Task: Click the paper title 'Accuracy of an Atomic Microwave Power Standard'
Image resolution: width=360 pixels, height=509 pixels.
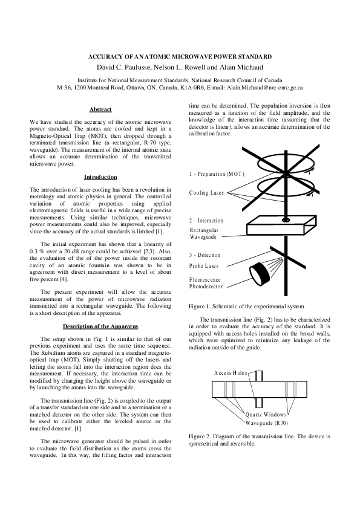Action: (x=180, y=56)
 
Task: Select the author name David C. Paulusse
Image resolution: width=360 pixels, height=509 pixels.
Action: (x=125, y=67)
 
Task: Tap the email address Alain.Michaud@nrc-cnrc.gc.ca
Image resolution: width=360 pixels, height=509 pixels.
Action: (x=265, y=88)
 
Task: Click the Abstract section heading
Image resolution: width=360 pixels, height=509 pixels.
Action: (x=100, y=109)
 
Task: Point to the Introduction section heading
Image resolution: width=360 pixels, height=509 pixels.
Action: (x=100, y=177)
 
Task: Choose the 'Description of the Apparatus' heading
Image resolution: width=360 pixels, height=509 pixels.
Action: (x=100, y=326)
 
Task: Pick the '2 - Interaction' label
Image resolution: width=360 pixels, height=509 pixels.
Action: (x=206, y=221)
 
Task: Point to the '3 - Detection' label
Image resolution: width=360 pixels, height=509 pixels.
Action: (x=205, y=255)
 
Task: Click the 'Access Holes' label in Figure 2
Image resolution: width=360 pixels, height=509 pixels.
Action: (x=231, y=373)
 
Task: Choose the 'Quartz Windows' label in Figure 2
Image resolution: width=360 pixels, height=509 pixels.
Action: (x=266, y=415)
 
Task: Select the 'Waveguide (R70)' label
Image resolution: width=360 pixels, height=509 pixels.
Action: (x=266, y=423)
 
